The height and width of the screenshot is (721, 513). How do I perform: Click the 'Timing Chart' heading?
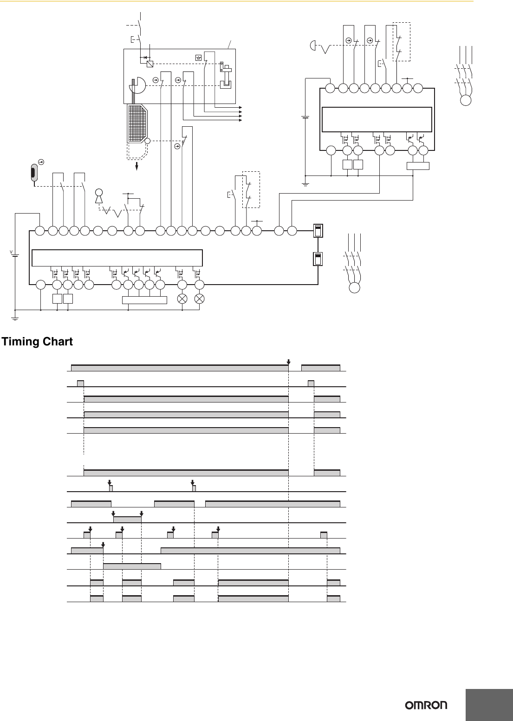(x=38, y=342)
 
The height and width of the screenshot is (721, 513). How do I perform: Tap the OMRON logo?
(x=427, y=705)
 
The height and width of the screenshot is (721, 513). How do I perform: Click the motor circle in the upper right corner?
(x=465, y=100)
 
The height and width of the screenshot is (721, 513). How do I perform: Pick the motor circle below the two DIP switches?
(x=354, y=287)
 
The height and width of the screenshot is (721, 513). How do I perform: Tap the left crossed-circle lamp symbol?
(x=182, y=299)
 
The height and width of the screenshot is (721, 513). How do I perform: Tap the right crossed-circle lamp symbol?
(x=200, y=299)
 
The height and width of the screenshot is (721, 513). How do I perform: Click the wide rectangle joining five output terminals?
(x=144, y=300)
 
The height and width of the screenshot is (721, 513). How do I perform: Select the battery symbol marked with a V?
(x=15, y=255)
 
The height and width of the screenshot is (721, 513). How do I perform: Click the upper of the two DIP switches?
(x=318, y=231)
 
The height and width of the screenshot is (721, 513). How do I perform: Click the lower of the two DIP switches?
(x=318, y=259)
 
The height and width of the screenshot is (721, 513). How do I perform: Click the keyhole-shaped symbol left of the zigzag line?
(x=99, y=195)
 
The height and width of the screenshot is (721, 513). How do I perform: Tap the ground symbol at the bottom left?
(x=15, y=318)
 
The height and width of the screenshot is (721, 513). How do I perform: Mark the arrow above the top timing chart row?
(x=288, y=362)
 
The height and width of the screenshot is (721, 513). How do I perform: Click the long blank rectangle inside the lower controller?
(x=117, y=257)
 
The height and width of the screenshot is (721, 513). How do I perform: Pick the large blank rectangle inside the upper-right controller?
(x=377, y=119)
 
